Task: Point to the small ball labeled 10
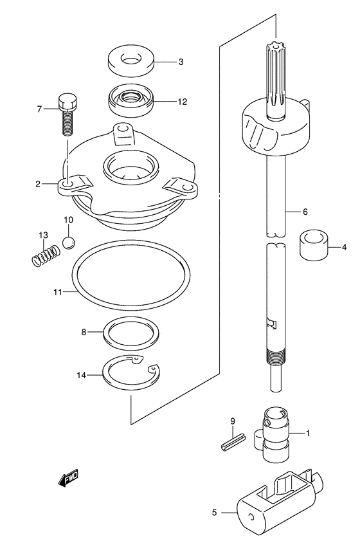69,243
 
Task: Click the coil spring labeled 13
46,255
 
